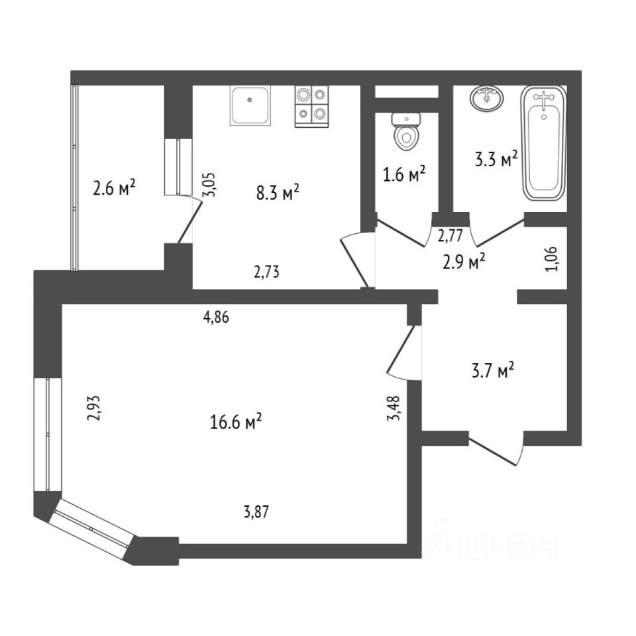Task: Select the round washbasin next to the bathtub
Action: [487, 99]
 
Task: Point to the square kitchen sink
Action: [250, 105]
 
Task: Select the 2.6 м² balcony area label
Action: [115, 189]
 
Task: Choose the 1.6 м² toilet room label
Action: [404, 175]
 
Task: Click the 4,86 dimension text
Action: [216, 317]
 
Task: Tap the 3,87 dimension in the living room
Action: [258, 511]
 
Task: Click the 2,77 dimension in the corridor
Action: [450, 235]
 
